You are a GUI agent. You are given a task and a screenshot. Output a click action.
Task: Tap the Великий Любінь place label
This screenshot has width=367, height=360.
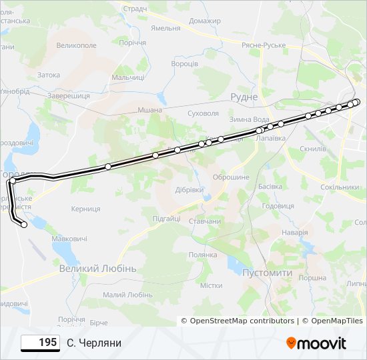(97, 268)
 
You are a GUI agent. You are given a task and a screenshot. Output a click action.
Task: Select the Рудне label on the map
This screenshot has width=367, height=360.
(244, 97)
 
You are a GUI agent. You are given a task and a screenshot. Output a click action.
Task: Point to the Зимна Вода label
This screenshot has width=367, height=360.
(249, 119)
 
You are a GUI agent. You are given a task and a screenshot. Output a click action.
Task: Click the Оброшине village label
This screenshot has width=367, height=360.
(230, 177)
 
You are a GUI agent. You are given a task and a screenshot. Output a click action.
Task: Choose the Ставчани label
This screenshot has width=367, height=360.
(205, 221)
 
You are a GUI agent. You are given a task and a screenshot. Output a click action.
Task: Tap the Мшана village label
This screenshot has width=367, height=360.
(149, 110)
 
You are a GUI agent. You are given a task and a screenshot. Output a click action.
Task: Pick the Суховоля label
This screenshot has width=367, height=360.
(204, 113)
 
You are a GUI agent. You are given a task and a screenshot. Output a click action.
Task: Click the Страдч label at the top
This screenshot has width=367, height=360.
(135, 9)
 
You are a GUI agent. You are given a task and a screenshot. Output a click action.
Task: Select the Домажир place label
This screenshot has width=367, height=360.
(204, 21)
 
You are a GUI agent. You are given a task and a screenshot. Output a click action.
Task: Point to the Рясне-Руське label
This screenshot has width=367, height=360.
(264, 45)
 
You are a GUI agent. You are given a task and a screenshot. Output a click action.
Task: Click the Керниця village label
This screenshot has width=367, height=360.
(85, 209)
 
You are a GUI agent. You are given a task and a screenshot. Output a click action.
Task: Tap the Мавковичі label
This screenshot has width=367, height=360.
(69, 238)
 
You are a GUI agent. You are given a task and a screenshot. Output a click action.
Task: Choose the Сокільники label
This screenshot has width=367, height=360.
(340, 187)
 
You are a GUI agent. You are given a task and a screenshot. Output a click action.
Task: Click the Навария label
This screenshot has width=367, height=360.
(294, 232)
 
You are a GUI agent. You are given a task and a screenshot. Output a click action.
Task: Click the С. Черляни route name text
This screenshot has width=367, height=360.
(94, 343)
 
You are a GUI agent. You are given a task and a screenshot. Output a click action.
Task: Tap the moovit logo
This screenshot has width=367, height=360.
(316, 343)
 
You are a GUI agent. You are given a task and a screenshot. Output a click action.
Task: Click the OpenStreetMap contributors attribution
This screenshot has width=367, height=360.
(242, 321)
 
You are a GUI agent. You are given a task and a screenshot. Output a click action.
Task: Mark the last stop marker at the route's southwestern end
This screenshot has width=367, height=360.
(25, 225)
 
